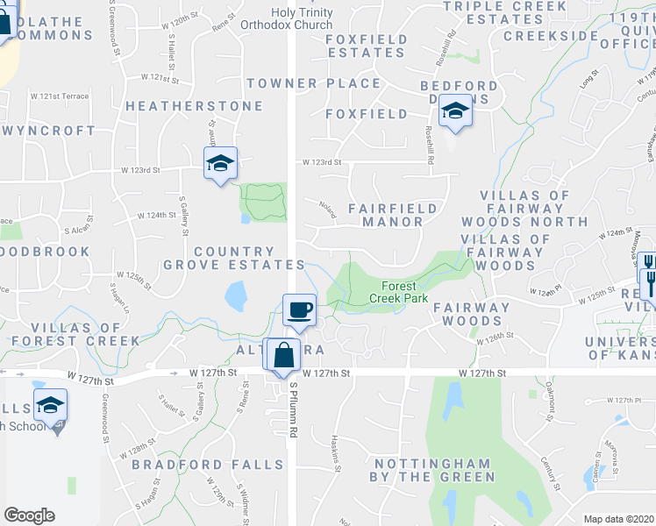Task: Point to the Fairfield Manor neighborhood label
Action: [386, 215]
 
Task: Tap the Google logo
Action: [29, 515]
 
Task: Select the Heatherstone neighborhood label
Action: [194, 106]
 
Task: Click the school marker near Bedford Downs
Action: [454, 112]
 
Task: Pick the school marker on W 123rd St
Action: [220, 163]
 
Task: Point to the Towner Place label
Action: [313, 83]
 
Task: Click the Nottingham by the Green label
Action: [434, 470]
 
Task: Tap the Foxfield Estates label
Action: [367, 46]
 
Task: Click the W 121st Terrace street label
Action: [60, 96]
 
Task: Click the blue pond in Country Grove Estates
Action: [235, 296]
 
